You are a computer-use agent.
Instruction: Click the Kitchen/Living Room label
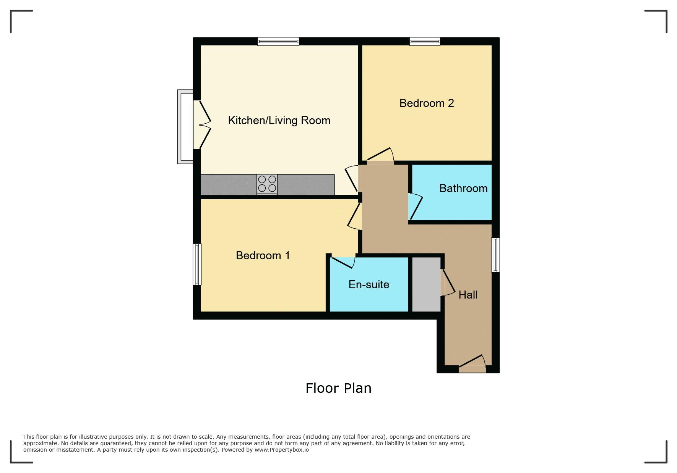(x=279, y=120)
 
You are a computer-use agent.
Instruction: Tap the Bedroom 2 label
(x=427, y=103)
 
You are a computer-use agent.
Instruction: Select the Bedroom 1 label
(x=263, y=255)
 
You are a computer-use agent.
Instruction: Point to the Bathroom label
(x=463, y=188)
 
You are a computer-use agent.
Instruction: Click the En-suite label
(x=369, y=284)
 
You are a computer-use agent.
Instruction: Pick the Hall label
(x=468, y=295)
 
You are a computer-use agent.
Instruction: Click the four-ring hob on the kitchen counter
(x=267, y=184)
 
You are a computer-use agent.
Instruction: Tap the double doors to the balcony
(x=202, y=124)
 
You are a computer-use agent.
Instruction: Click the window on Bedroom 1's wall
(x=197, y=264)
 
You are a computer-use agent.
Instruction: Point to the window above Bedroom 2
(x=425, y=41)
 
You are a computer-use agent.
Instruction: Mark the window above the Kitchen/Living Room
(x=278, y=41)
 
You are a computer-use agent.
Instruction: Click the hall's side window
(x=495, y=255)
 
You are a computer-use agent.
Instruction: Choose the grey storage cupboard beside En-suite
(x=426, y=284)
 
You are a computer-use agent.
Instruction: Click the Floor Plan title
(x=338, y=388)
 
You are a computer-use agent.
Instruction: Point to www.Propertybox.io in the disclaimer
(x=282, y=450)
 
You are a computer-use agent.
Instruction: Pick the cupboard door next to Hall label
(x=448, y=283)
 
